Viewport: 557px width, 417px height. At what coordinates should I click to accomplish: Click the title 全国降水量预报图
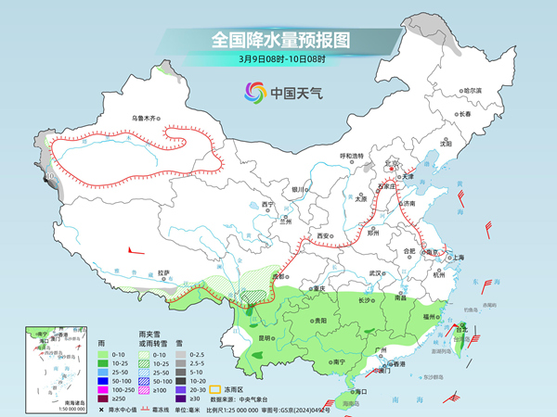278,40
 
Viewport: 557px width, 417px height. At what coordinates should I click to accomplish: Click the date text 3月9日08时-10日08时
278,60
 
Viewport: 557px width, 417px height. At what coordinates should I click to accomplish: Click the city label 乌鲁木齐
146,118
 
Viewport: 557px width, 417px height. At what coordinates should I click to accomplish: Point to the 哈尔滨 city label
473,90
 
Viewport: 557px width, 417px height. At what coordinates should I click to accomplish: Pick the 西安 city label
324,237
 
